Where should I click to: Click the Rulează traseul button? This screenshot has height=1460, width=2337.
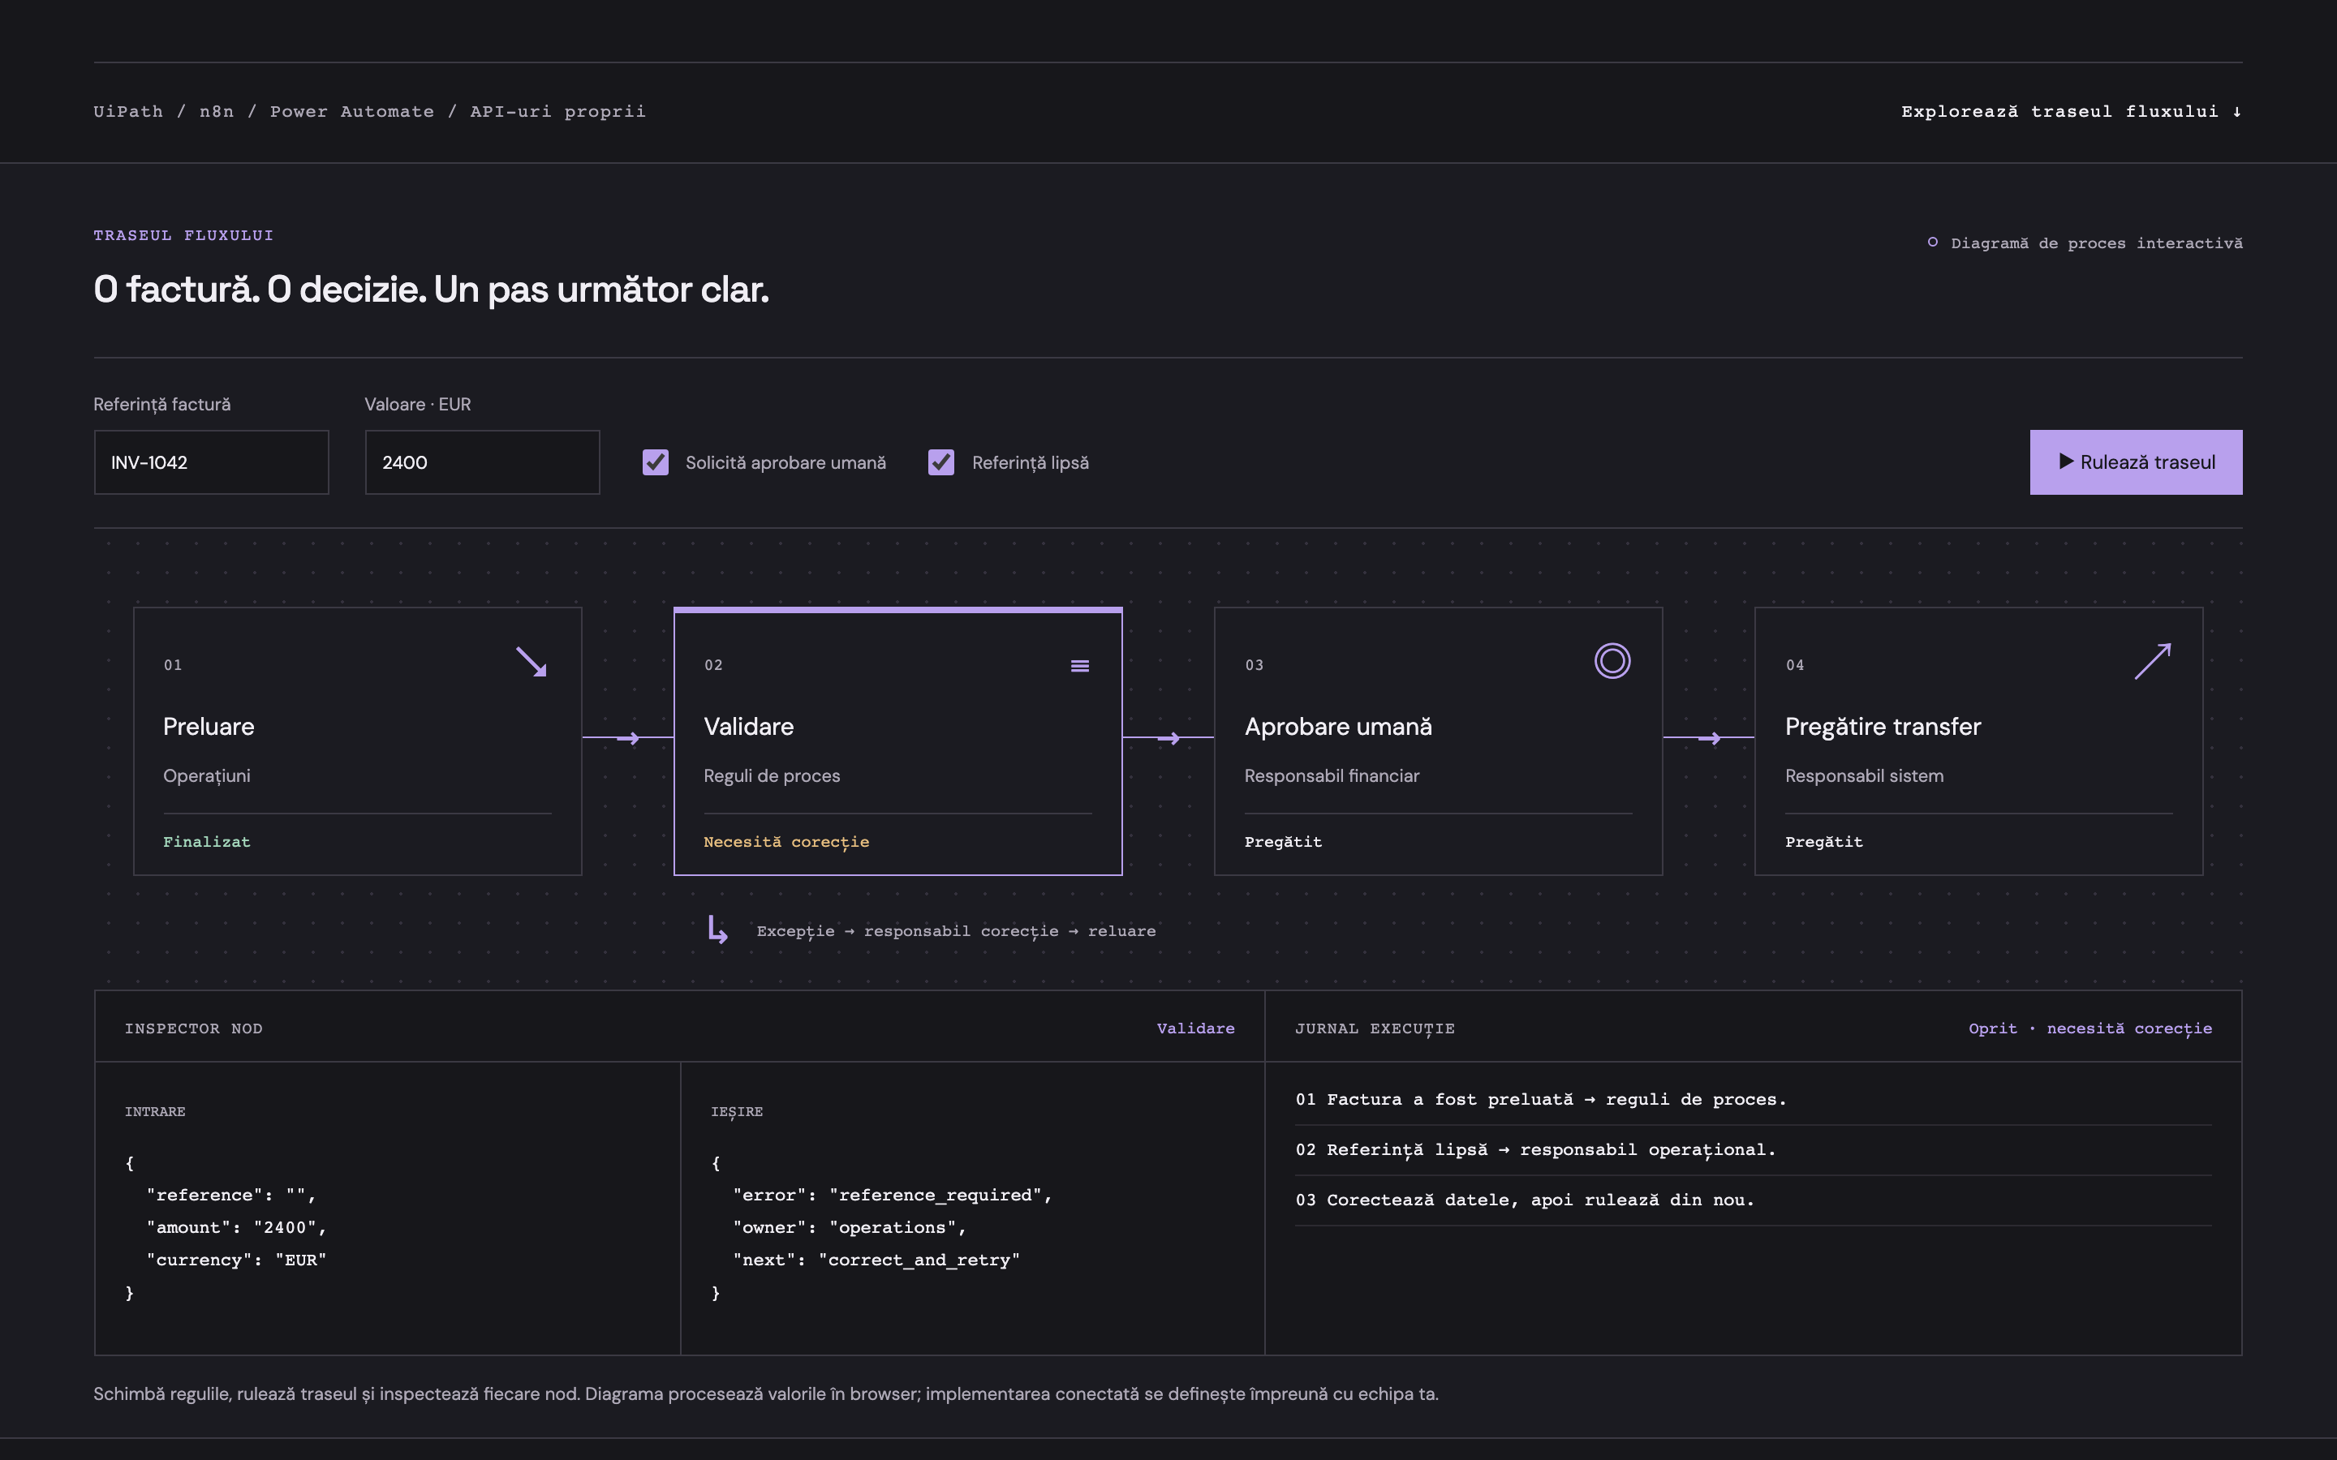2135,462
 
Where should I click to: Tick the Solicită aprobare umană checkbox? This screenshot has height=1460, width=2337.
656,462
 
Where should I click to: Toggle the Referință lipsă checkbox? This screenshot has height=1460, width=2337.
941,462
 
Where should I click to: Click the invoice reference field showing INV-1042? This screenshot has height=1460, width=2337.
212,462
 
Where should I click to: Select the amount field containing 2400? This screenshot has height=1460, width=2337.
482,462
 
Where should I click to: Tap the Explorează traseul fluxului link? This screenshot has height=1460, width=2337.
2072,112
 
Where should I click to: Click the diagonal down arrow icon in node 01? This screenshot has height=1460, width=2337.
532,661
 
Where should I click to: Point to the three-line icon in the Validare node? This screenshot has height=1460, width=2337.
1080,665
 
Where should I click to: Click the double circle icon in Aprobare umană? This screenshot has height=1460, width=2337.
1612,660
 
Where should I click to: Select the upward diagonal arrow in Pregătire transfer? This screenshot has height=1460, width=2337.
2153,661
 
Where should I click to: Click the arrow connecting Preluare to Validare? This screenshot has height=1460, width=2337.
628,738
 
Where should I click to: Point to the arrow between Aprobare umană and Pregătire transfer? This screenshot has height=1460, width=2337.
1708,738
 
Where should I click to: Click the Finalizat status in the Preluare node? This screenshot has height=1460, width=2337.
207,842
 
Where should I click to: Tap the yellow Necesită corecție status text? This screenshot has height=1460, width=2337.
786,842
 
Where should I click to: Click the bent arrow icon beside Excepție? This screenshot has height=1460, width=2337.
717,929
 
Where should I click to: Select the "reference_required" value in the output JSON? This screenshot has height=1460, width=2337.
935,1196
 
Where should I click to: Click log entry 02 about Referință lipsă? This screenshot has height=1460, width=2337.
1535,1150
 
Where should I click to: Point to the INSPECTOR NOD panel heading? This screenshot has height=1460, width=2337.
193,1029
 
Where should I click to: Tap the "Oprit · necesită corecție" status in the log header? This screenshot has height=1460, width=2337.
2090,1029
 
